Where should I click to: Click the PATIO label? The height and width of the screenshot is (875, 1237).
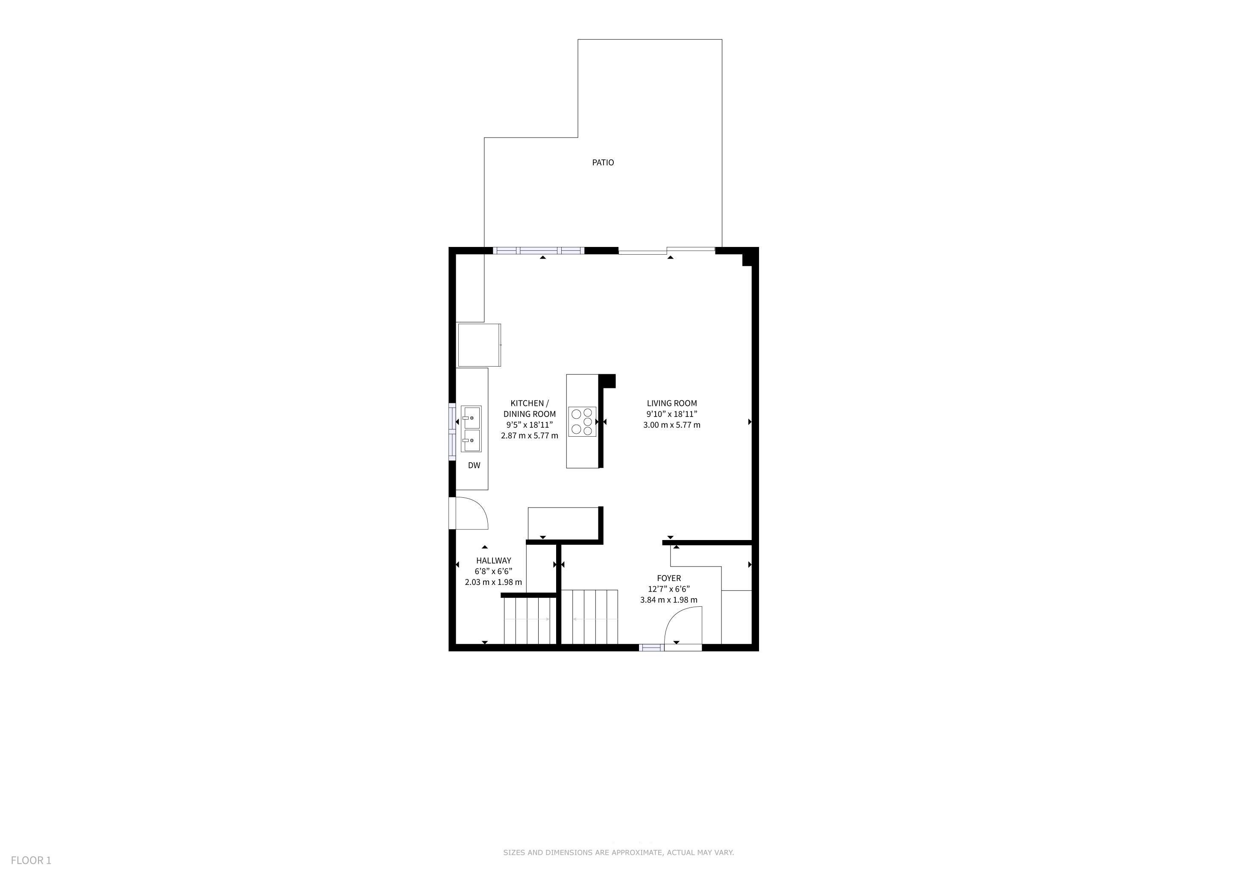(x=603, y=162)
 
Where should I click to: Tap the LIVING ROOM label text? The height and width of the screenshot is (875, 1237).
(x=672, y=403)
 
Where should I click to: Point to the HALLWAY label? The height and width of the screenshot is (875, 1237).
(x=493, y=561)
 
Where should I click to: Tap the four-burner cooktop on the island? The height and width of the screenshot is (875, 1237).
(x=582, y=421)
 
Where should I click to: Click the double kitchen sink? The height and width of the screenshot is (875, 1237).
(x=472, y=429)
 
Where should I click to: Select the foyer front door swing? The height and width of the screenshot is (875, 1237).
(x=683, y=625)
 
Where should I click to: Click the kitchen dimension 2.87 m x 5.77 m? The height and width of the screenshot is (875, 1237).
(x=530, y=435)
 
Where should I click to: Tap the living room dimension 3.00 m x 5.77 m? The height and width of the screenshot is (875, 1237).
(x=672, y=425)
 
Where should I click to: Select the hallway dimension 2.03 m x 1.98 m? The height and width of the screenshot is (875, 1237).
(x=493, y=582)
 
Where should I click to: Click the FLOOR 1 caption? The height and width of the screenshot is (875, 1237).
(x=31, y=860)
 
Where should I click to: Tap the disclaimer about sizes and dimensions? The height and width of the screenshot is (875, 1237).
(x=618, y=852)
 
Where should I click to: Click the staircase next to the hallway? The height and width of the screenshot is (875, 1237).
(x=530, y=621)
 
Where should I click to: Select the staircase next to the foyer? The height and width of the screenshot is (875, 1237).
(x=589, y=617)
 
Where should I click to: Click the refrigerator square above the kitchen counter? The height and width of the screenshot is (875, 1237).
(x=479, y=345)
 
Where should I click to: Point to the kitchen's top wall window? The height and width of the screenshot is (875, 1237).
(x=539, y=250)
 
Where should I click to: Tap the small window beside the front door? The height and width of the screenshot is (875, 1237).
(x=651, y=648)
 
